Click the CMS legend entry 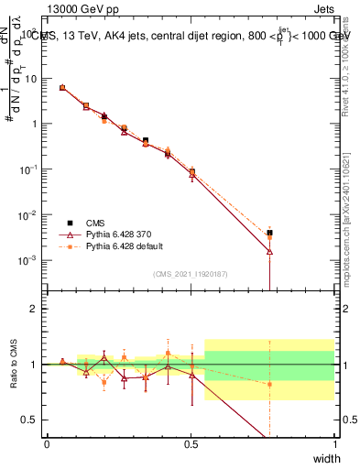point(96,223)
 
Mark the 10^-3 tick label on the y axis point(29,260)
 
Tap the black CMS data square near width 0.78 point(270,234)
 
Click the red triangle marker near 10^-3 point(270,251)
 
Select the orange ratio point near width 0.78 point(270,384)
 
